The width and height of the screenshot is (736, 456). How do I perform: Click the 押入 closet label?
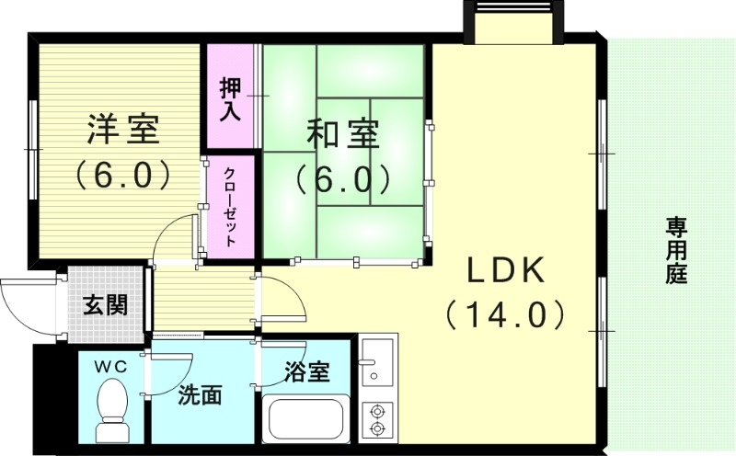click(230, 98)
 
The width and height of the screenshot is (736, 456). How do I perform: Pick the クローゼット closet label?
click(229, 208)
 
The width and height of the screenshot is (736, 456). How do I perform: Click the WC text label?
click(113, 365)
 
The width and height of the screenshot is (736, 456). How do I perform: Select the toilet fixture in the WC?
click(114, 413)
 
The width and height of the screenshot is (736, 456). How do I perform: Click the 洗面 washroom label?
click(200, 396)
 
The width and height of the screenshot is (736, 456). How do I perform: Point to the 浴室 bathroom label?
click(307, 372)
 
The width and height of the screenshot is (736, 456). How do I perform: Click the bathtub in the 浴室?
click(305, 420)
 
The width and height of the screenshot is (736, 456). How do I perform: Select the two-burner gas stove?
click(376, 418)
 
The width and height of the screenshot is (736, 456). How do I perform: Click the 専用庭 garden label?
click(678, 250)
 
